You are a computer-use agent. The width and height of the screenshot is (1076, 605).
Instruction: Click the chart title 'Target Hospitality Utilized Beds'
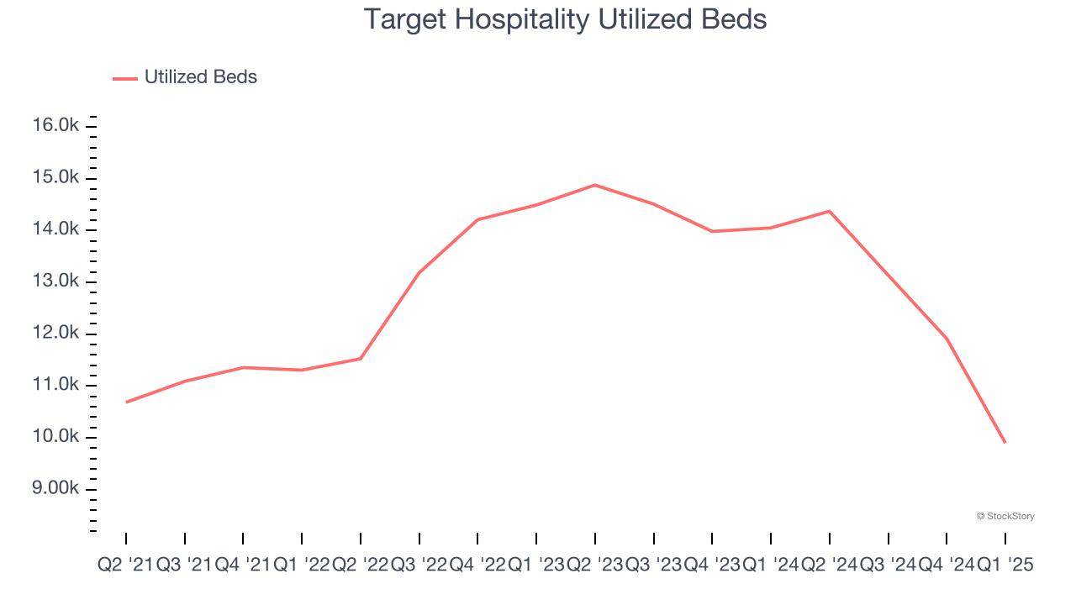click(x=565, y=19)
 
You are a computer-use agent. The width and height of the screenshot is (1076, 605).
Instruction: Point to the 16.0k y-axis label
click(x=55, y=126)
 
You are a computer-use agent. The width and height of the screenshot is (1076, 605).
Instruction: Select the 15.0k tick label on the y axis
click(x=55, y=178)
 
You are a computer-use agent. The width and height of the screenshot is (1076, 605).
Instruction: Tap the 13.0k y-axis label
click(x=55, y=281)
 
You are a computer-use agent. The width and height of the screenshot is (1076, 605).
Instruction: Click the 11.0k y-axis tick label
click(x=55, y=386)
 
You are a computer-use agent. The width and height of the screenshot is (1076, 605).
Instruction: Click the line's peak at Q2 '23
click(x=595, y=185)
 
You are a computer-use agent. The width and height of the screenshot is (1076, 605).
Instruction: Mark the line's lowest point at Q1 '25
click(x=1005, y=443)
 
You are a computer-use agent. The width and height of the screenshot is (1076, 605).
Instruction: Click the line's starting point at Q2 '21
click(x=126, y=402)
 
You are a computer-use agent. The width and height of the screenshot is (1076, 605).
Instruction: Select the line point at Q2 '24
click(x=830, y=211)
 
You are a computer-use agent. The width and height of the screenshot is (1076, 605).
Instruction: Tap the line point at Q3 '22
click(x=419, y=273)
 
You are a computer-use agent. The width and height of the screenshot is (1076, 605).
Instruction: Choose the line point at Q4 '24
click(x=947, y=339)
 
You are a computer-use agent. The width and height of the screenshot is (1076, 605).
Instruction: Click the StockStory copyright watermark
click(x=1005, y=516)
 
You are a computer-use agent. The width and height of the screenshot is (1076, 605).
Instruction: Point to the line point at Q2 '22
click(x=361, y=359)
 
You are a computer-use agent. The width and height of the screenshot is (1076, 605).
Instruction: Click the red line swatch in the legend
click(x=124, y=78)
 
